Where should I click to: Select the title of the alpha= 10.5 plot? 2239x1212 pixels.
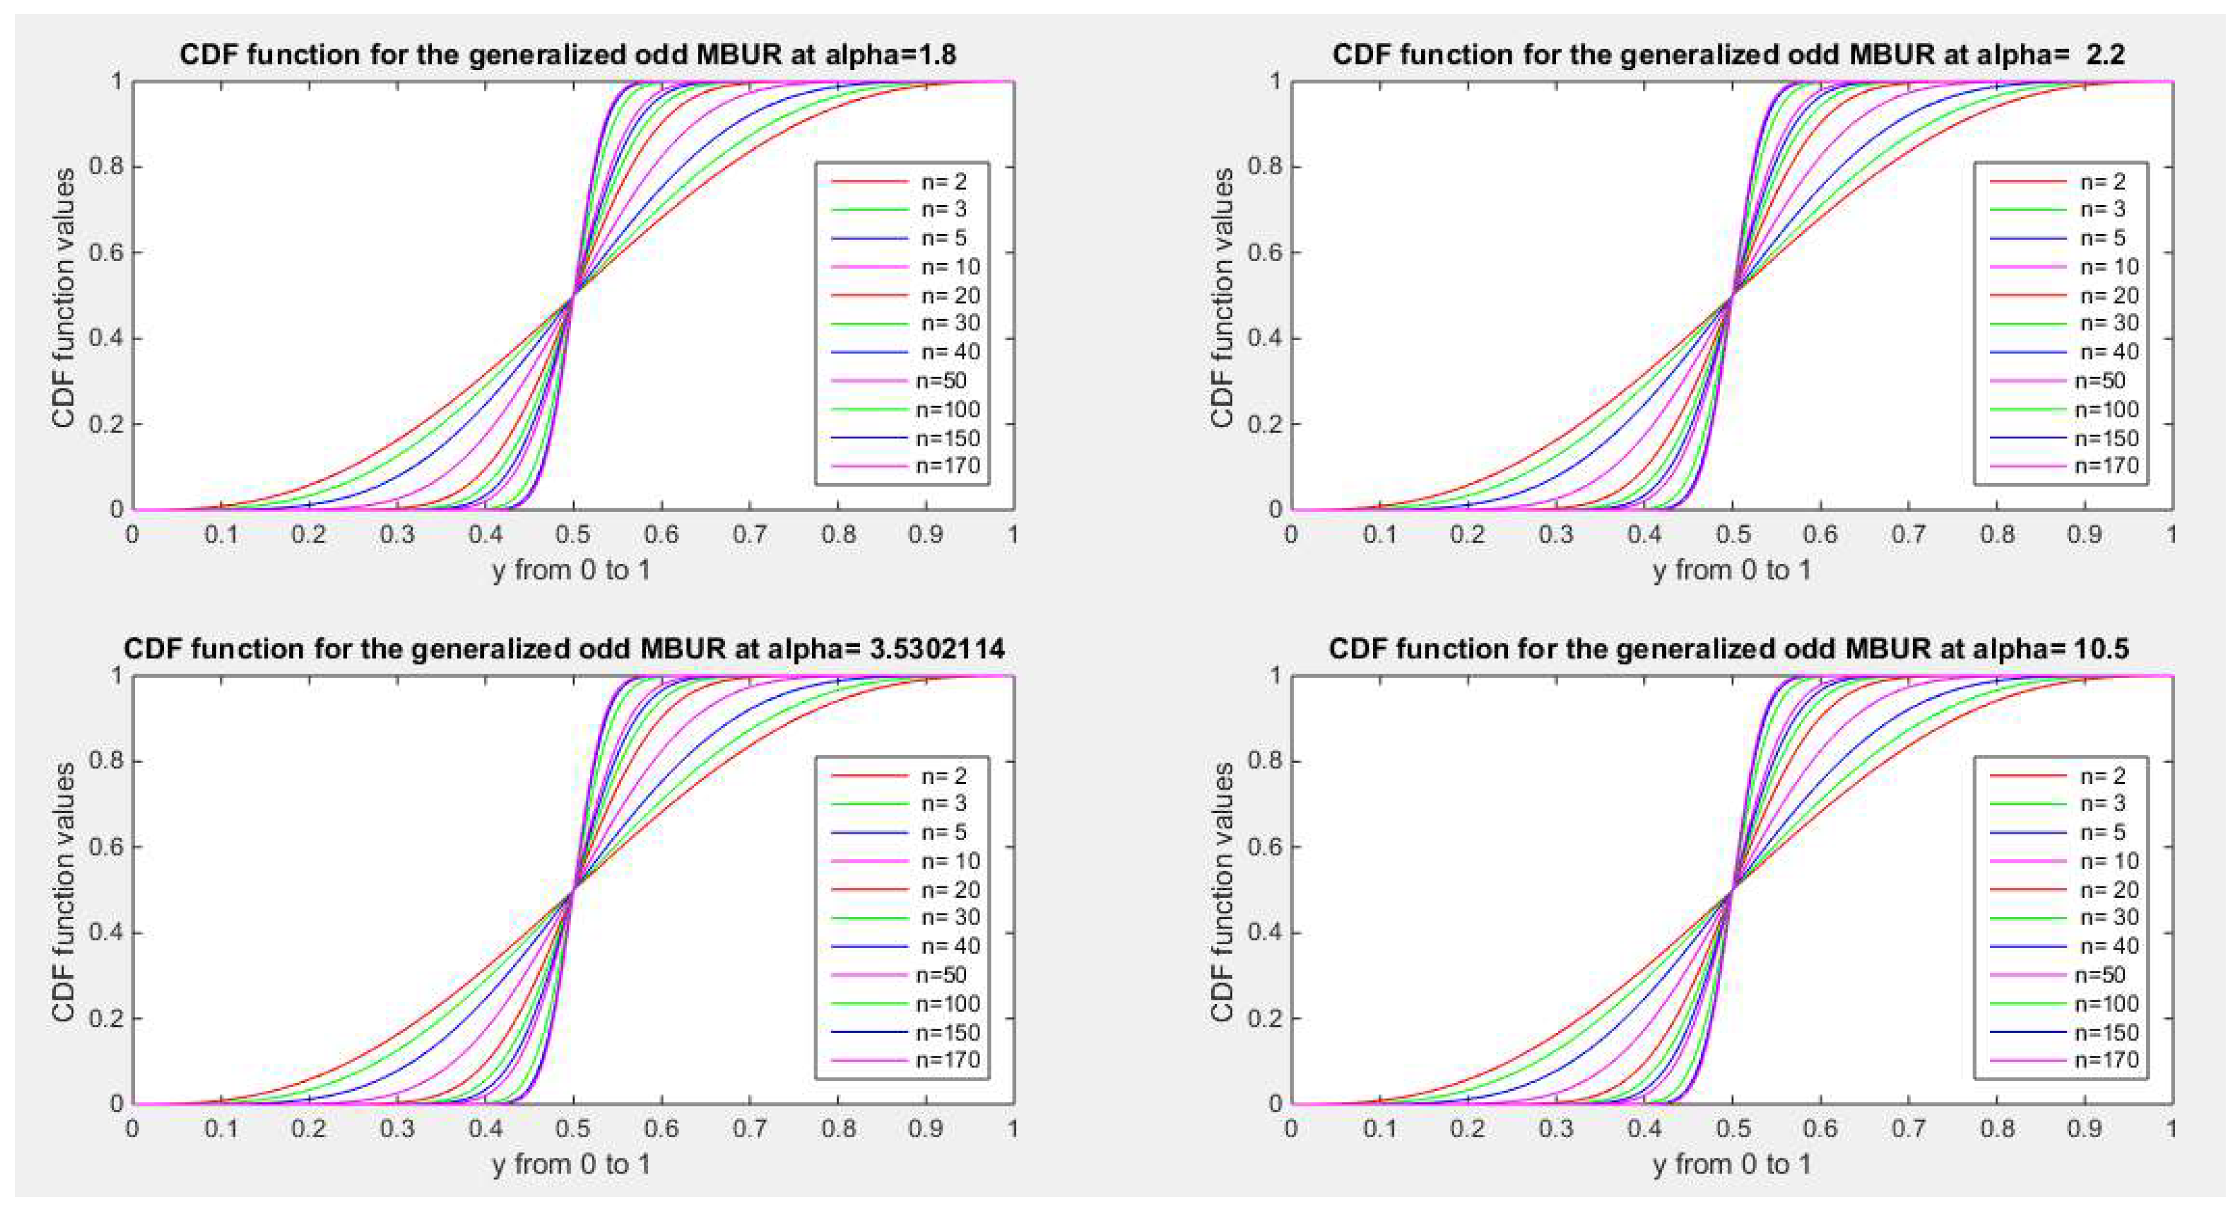point(1728,649)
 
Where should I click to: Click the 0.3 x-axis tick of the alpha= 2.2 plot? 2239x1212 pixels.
point(1556,534)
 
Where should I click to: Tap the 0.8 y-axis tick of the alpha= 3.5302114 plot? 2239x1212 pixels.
point(105,761)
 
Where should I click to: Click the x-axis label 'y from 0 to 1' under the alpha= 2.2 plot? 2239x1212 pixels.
point(1732,570)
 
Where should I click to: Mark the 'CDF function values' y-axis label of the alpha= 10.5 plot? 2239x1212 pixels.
point(1222,891)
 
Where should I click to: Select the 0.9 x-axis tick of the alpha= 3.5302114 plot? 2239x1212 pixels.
point(926,1129)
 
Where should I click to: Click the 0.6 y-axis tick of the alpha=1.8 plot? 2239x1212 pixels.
point(105,252)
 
